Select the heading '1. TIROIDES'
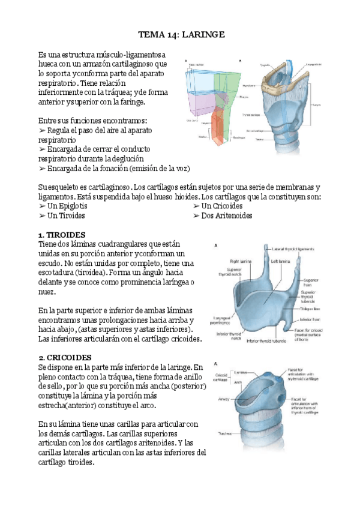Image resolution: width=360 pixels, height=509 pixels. coord(62,234)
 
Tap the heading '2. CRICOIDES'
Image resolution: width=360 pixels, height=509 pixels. coord(64,358)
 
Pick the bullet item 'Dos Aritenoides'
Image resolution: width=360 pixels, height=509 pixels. coord(223,215)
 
